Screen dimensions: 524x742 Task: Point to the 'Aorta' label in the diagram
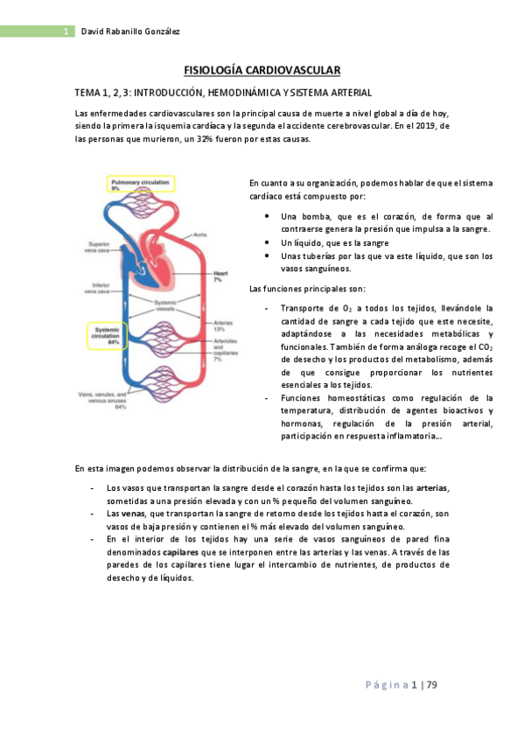coord(199,235)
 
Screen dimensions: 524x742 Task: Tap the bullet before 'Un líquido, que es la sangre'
coord(266,241)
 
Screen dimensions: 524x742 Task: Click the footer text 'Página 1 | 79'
coord(401,684)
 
